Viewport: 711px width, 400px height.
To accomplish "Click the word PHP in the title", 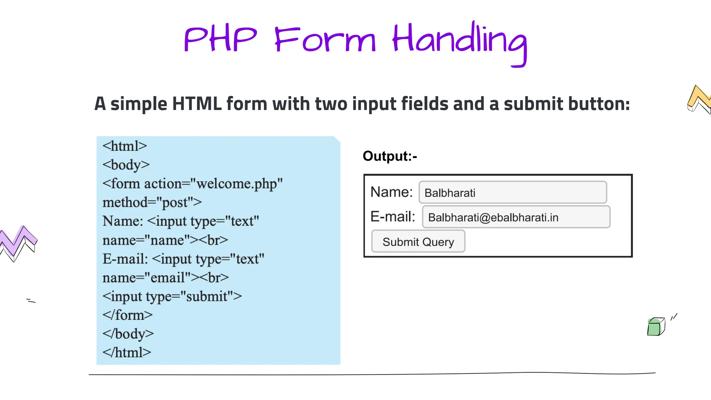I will tap(220, 39).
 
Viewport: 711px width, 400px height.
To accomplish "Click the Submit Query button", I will tap(418, 242).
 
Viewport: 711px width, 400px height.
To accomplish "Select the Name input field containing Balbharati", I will tap(512, 192).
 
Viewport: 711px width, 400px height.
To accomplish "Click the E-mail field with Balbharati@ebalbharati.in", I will tap(516, 217).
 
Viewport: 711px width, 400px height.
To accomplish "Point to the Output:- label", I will tap(390, 156).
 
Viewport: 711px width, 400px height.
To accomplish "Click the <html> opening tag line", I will tap(125, 146).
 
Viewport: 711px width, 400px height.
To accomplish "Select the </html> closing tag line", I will tap(127, 352).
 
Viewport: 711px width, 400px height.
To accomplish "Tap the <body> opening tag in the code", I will tap(126, 165).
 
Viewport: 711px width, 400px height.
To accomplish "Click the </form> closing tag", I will tap(127, 315).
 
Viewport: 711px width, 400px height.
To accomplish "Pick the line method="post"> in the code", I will tap(152, 202).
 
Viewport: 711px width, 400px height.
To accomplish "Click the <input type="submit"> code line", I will tap(172, 296).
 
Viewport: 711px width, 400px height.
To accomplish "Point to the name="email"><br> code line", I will tap(166, 277).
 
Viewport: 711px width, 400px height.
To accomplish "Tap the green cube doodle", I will tap(655, 327).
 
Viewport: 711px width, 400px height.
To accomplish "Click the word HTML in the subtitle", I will tap(196, 104).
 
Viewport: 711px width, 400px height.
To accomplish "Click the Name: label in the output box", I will tap(391, 192).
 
